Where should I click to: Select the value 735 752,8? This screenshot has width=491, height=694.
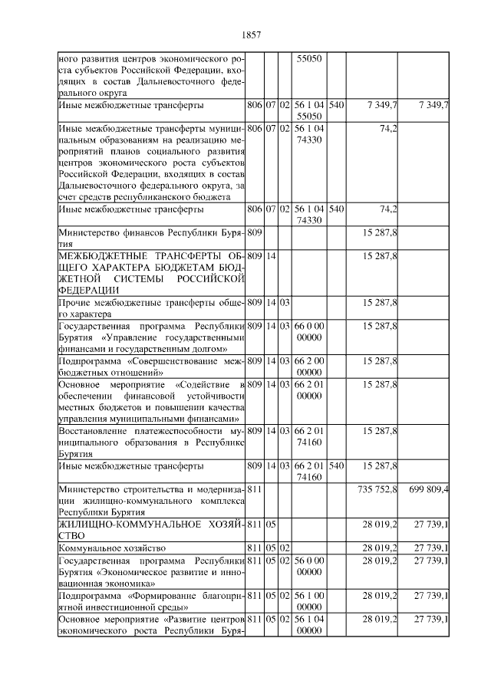(x=377, y=488)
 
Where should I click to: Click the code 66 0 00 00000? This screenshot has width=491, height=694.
(x=308, y=332)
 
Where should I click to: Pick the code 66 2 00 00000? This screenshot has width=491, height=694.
(x=308, y=366)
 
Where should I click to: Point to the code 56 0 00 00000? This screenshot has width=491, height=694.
(x=308, y=566)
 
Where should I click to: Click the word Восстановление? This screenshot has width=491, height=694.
(x=94, y=433)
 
